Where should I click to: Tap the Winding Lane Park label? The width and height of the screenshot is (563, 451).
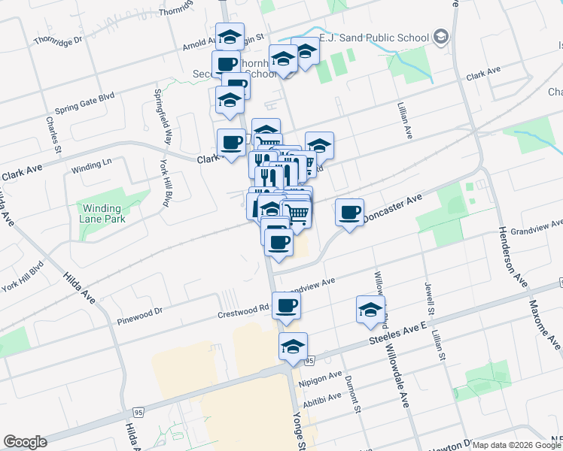(102, 213)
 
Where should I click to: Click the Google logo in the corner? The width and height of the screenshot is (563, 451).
(25, 442)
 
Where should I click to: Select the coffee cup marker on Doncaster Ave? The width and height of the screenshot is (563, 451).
(349, 213)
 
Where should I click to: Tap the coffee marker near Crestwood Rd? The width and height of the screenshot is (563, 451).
(286, 306)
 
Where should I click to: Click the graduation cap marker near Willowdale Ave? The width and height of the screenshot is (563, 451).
(370, 310)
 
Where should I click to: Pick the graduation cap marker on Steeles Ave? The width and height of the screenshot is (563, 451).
(293, 347)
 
